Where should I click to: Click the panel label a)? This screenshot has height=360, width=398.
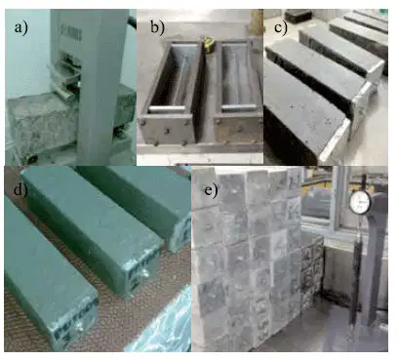click(21, 27)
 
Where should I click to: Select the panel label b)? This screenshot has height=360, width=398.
click(157, 27)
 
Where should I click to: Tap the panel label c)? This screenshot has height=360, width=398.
click(281, 27)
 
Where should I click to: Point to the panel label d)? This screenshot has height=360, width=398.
click(20, 190)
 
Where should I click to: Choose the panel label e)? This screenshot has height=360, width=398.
click(211, 190)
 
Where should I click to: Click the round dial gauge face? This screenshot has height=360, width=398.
click(360, 202)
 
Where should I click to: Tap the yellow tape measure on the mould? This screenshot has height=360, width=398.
click(208, 45)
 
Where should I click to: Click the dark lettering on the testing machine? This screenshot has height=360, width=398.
click(70, 33)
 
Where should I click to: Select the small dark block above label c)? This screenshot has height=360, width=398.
click(298, 16)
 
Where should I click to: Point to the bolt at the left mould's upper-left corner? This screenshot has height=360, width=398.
click(142, 123)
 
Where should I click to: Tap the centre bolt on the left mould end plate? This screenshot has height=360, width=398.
click(166, 131)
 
